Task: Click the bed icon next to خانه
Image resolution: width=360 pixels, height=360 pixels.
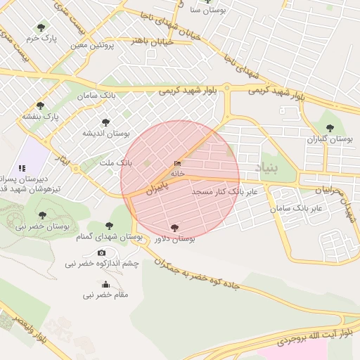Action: pos(176,164)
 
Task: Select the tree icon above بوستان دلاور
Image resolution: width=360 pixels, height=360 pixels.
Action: pos(174,227)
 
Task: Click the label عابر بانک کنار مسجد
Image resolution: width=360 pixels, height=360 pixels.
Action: pos(224,191)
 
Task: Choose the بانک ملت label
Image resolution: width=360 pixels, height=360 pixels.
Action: pos(115,162)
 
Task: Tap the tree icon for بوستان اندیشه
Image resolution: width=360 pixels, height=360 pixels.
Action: pos(106,122)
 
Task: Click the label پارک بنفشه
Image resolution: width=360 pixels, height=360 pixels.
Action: pos(41,116)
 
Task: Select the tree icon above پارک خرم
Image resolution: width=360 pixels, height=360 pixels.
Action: pos(41,27)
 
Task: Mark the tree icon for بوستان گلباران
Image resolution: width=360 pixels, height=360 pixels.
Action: pos(330,128)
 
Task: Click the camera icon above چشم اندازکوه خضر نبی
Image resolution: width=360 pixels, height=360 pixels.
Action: pos(102,252)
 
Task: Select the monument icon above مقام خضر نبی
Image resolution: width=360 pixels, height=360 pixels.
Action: pos(105,284)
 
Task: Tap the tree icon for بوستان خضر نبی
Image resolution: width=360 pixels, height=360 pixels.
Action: pos(41,214)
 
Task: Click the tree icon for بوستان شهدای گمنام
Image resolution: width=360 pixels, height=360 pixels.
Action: pos(109,226)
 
